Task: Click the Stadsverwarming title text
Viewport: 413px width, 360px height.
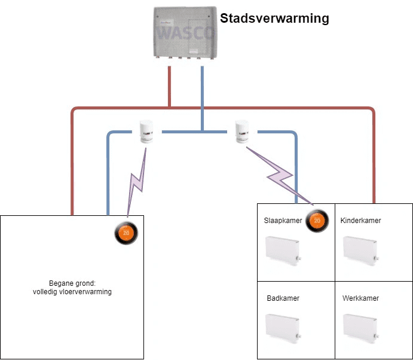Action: [x=274, y=19]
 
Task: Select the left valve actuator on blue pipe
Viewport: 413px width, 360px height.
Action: [x=146, y=132]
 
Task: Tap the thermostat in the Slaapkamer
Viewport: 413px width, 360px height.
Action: [x=317, y=221]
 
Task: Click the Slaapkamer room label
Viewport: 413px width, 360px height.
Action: [x=283, y=221]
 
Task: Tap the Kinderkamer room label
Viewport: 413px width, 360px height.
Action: [x=360, y=221]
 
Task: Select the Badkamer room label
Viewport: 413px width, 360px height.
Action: [x=283, y=298]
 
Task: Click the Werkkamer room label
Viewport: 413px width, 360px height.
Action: [x=360, y=298]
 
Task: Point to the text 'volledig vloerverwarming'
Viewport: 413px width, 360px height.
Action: [x=72, y=292]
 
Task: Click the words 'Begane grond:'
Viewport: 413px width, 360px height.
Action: [x=72, y=283]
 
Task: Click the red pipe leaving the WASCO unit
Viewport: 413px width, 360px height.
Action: [x=170, y=84]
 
